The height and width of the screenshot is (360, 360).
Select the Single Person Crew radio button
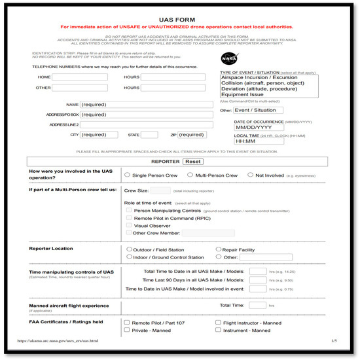pos(127,175)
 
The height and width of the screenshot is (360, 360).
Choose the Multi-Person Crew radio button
pos(190,175)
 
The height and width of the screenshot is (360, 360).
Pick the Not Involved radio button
pos(250,175)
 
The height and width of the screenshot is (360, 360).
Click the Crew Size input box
pos(160,190)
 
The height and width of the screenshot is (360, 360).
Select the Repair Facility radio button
pos(219,249)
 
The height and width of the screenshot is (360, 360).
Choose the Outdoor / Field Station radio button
pos(129,249)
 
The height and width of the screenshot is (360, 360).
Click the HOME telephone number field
pos(80,77)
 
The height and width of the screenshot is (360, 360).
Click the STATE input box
pos(149,135)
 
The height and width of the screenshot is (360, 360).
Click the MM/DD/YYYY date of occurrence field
pos(259,128)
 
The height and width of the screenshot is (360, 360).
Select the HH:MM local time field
pos(259,141)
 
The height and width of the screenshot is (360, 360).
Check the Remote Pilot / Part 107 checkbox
pos(127,323)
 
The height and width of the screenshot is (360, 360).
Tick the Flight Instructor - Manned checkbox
pos(218,323)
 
